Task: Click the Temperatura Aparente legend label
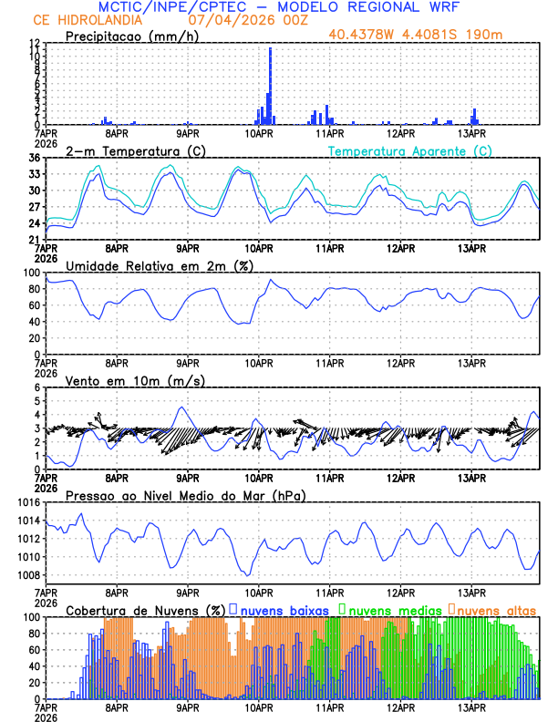tap(410, 150)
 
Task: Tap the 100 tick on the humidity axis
tap(32, 273)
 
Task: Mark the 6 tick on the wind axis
tap(37, 388)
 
